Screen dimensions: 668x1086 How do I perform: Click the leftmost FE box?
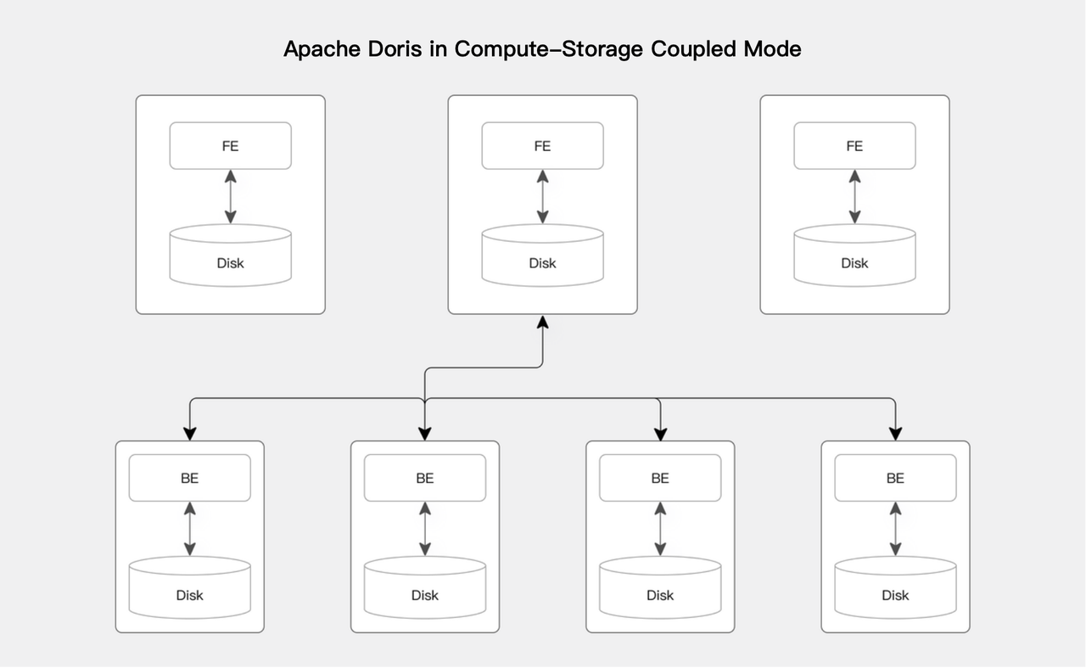(230, 146)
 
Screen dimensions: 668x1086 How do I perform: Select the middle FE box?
(542, 146)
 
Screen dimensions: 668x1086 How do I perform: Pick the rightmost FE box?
(854, 146)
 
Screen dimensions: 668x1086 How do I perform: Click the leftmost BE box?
(189, 478)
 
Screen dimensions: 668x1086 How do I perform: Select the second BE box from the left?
(425, 478)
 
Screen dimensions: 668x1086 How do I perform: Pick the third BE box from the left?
(660, 478)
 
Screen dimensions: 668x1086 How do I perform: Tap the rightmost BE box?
(895, 478)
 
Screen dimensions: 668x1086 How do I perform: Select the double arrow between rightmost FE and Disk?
(854, 196)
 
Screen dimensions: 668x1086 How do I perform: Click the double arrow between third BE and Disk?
(660, 528)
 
